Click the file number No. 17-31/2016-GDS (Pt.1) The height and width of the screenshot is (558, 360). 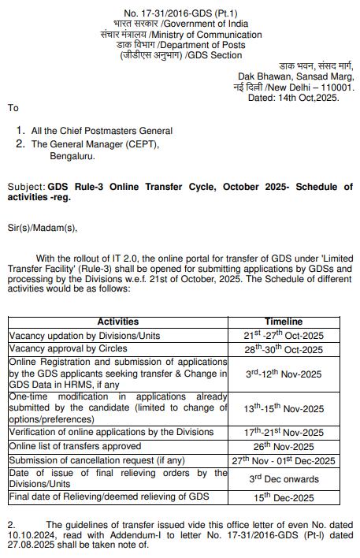[x=180, y=13]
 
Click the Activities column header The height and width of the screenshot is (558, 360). [x=118, y=322]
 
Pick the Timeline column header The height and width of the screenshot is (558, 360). [x=284, y=322]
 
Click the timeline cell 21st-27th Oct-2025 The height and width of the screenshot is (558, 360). [x=284, y=335]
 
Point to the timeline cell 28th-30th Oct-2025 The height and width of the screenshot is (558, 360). [x=284, y=348]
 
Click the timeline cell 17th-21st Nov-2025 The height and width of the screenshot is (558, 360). [x=284, y=432]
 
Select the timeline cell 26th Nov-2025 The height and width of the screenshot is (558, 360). [x=284, y=445]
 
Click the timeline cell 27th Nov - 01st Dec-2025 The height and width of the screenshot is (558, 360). [x=284, y=459]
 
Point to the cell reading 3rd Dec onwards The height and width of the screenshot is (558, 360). [x=284, y=478]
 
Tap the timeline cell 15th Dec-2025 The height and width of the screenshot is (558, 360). [x=284, y=497]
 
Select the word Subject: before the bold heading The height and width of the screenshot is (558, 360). [x=27, y=187]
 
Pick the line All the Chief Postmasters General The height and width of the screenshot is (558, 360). [x=102, y=131]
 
